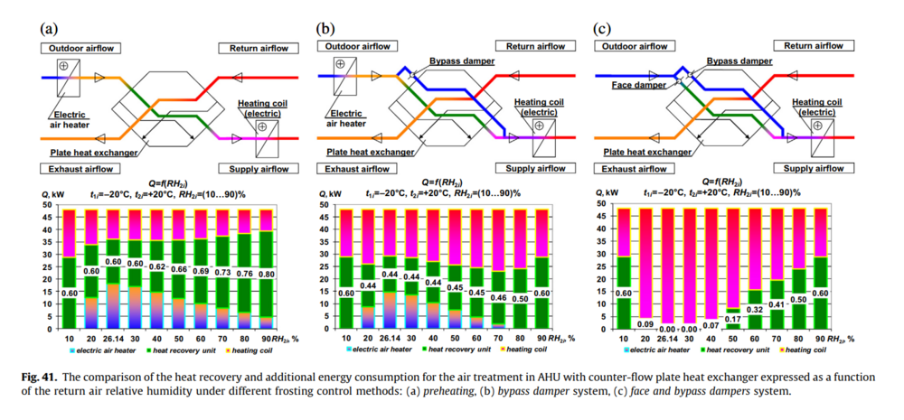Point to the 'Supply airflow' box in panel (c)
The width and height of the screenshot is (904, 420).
tap(811, 169)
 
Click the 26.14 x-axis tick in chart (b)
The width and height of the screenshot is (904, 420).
tap(389, 338)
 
